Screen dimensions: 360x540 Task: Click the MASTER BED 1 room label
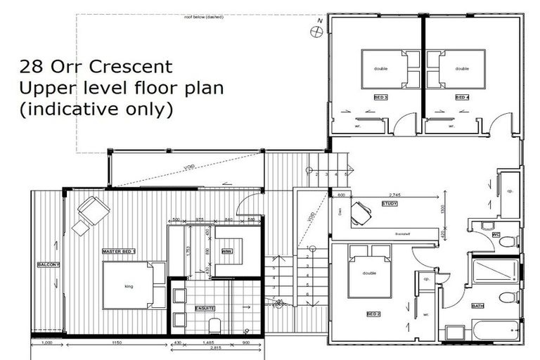pyautogui.click(x=120, y=251)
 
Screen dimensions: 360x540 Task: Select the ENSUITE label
pyautogui.click(x=206, y=308)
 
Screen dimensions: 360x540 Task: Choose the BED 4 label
pyautogui.click(x=461, y=97)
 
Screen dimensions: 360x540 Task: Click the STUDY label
pyautogui.click(x=390, y=205)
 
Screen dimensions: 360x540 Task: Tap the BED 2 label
pyautogui.click(x=373, y=314)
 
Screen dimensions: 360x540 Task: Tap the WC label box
pyautogui.click(x=496, y=234)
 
